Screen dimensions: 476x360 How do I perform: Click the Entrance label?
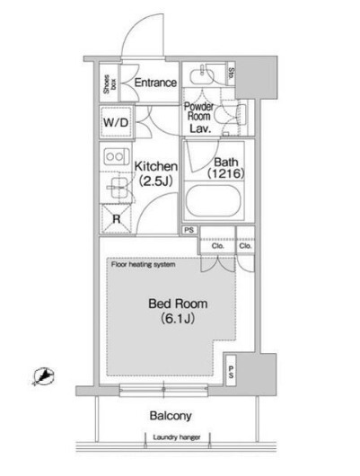pyautogui.click(x=154, y=84)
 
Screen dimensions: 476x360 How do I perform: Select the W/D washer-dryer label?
pyautogui.click(x=115, y=122)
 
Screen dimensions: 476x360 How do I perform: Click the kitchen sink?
pyautogui.click(x=116, y=186)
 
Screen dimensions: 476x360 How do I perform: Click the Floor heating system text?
pyautogui.click(x=143, y=266)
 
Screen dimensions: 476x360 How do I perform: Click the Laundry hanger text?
pyautogui.click(x=177, y=439)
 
